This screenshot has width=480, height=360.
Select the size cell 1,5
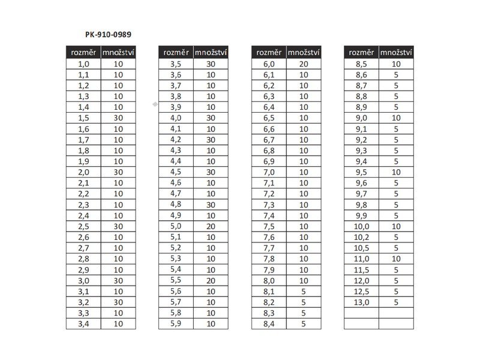tap(83, 118)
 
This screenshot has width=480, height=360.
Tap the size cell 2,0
tap(83, 172)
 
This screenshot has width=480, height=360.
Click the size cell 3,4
tap(83, 323)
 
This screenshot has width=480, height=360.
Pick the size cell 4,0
tap(176, 118)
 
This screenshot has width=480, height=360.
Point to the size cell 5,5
tap(176, 280)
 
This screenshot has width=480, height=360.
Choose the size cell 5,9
tap(176, 323)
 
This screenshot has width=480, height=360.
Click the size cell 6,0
tap(269, 64)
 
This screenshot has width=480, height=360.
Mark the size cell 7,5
tap(269, 226)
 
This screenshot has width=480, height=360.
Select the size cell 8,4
tap(269, 323)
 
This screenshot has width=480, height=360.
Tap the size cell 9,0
tap(361, 118)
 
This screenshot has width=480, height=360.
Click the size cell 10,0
tap(361, 226)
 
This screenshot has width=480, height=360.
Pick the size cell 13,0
tap(361, 302)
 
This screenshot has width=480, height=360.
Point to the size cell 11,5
tap(361, 269)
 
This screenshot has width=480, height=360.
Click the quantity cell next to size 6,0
tap(304, 64)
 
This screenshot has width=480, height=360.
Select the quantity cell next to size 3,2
tap(118, 302)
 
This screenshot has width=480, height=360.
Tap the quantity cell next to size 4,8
tap(211, 205)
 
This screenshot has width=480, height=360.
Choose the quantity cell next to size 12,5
tap(396, 291)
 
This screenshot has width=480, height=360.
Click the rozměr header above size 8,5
tap(361, 52)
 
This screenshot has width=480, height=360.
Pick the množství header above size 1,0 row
tap(118, 52)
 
